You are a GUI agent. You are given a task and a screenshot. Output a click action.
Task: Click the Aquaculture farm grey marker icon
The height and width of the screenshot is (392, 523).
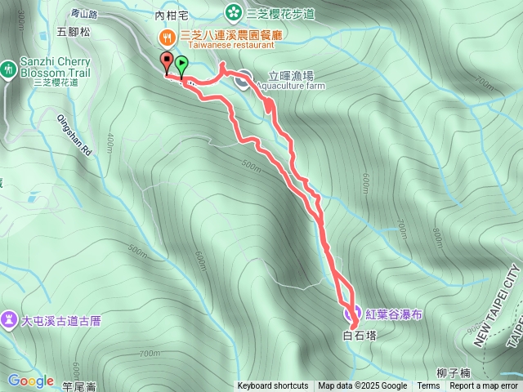tap(244, 79)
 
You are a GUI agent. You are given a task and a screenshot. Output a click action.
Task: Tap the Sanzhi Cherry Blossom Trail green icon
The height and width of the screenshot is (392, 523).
tap(8, 69)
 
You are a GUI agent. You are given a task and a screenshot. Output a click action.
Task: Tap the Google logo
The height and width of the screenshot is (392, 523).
tap(30, 381)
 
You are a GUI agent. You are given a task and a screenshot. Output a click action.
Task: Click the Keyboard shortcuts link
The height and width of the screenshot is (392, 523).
tap(272, 386)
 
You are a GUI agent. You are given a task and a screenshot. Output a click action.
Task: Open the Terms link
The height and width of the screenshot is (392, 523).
tap(428, 386)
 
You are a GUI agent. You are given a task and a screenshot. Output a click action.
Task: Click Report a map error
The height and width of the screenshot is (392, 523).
tap(485, 386)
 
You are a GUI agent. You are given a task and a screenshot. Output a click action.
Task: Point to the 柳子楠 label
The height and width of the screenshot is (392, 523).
tap(453, 373)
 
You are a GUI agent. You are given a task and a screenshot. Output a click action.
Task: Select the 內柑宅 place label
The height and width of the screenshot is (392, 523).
tap(171, 15)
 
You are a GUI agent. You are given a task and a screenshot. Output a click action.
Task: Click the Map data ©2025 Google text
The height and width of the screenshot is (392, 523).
tap(362, 386)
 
